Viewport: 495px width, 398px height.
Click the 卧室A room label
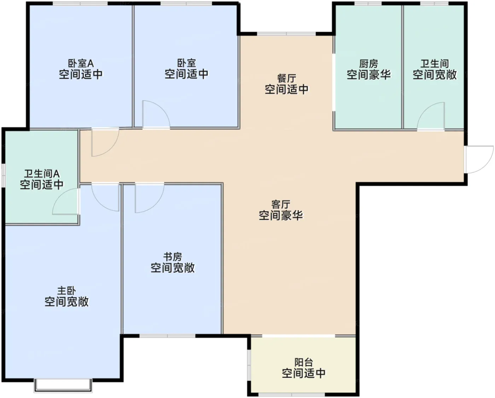point(81,63)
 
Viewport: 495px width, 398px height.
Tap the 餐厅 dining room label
point(286,78)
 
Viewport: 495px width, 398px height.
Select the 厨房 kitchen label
point(368,64)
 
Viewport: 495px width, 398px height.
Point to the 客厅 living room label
point(281,204)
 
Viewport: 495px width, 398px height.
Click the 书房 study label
point(173,256)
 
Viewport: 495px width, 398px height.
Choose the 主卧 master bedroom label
point(66,291)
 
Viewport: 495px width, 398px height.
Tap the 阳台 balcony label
point(304,362)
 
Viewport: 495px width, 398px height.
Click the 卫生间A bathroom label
point(42,174)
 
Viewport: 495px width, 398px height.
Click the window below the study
point(168,336)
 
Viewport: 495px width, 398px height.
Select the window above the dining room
point(286,34)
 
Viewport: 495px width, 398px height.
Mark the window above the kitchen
point(368,3)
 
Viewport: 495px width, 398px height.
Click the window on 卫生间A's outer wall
point(3,175)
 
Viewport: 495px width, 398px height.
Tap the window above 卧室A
point(80,3)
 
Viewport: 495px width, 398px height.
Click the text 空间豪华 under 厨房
point(368,75)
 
